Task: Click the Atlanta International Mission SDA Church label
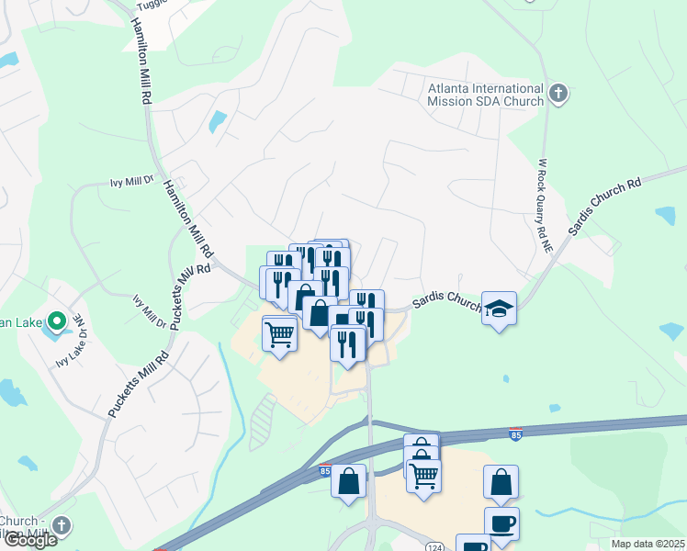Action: (486, 95)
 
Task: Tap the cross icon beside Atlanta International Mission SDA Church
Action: (557, 93)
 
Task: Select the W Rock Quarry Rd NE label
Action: (544, 205)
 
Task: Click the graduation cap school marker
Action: (499, 309)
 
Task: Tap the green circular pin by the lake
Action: (56, 321)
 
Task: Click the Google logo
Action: (30, 540)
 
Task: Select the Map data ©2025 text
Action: (648, 544)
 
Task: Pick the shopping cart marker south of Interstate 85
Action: (423, 476)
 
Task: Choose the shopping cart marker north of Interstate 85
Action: (279, 332)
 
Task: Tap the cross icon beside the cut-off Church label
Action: (61, 526)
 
